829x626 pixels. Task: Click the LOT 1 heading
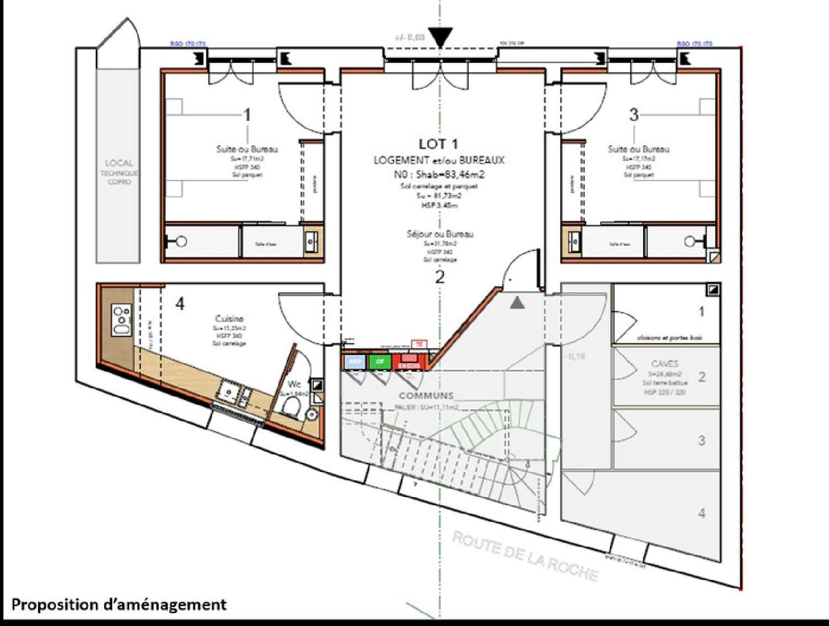438,144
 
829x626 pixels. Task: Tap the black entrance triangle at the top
440,38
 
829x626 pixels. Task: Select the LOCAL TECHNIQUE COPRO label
119,172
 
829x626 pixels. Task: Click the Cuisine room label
229,319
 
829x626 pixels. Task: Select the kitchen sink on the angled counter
233,393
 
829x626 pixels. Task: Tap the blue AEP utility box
354,362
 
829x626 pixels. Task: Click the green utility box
380,362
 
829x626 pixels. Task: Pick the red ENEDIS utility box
408,362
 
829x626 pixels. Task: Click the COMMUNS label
426,396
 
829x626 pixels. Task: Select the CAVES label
664,364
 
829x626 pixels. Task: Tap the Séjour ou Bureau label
440,234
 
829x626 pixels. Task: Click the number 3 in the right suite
634,114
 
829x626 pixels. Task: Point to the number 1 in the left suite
247,115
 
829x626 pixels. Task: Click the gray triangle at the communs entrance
517,302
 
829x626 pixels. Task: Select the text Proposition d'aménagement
119,604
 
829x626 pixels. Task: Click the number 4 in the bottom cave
701,513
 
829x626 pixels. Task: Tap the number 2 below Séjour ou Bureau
439,277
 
